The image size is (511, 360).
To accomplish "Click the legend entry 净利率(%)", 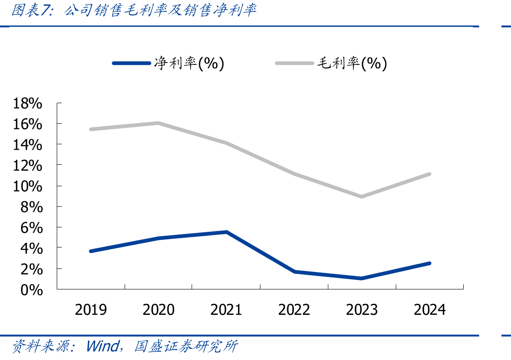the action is point(168,63).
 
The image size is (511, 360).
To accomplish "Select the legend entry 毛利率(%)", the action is point(331,63).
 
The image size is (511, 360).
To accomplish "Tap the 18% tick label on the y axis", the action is point(28,103).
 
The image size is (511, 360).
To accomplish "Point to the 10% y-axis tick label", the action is point(28,186).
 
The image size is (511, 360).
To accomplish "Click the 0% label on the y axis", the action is point(32,290).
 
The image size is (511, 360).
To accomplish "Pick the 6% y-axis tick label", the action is point(32,228).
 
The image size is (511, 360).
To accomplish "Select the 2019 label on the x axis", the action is point(91,310).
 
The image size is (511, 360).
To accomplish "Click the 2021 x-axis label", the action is point(226,310).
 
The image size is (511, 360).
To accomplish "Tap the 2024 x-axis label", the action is point(430,310).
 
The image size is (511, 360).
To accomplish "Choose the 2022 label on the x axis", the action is point(294,310).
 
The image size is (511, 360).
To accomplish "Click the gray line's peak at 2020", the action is point(159,123).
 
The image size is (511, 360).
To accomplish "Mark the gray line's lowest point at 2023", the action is point(362,197).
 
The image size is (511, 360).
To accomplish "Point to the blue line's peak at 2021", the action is point(226,232).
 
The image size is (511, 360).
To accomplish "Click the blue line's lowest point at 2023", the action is point(362,278).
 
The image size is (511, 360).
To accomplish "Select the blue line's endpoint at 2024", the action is point(430,263).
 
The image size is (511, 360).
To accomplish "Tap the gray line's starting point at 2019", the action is point(91,130).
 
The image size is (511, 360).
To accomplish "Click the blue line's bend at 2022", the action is point(294,272).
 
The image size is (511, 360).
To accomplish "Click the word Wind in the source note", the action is point(103,346).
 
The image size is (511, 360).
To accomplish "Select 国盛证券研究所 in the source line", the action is point(186,346).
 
